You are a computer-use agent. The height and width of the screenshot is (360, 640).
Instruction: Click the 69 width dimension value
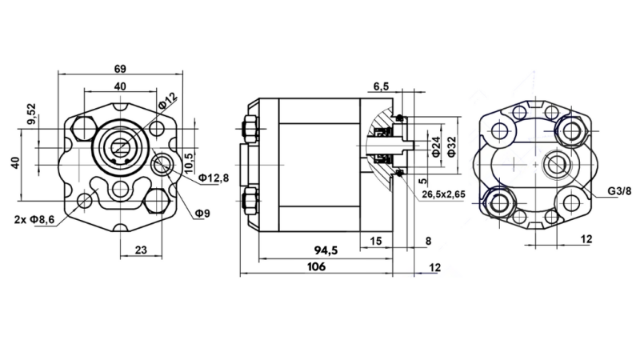point(120,68)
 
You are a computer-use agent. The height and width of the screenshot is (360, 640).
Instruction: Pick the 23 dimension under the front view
point(140,250)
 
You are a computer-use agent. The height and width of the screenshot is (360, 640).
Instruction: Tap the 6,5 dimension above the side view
point(381,86)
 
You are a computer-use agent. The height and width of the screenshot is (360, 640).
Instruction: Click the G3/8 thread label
point(618,191)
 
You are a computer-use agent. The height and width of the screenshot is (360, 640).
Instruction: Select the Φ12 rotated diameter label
point(167,102)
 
